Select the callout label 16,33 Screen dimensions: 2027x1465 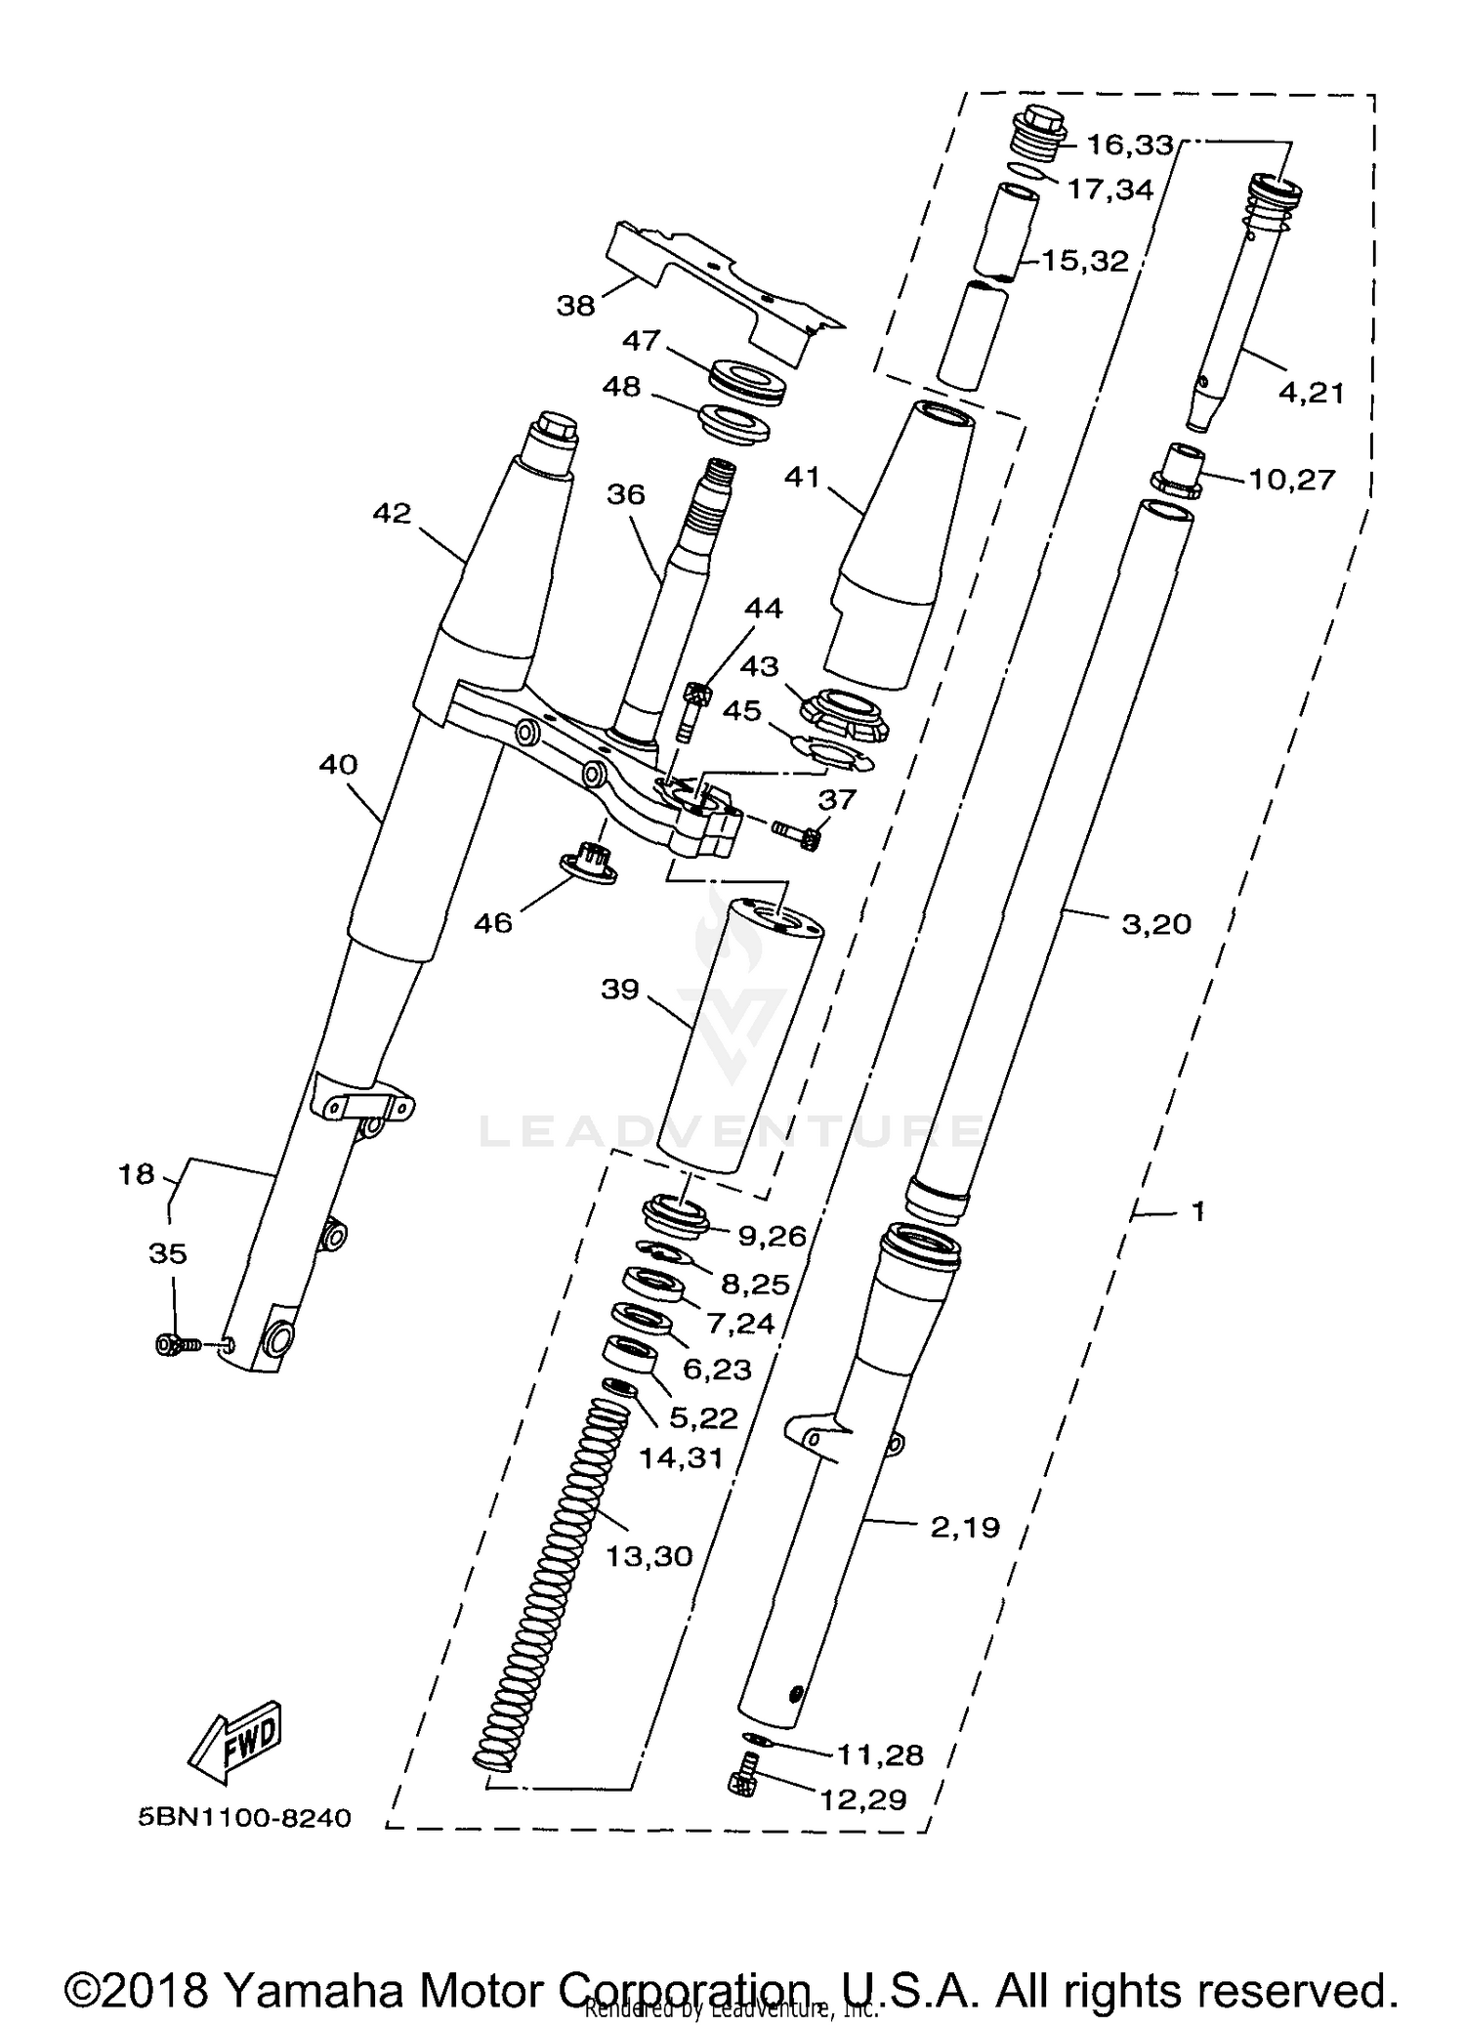pyautogui.click(x=1129, y=146)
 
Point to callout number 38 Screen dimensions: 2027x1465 pyautogui.click(x=575, y=306)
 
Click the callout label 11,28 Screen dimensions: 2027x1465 pyautogui.click(x=879, y=1755)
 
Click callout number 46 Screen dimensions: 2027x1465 pyautogui.click(x=492, y=922)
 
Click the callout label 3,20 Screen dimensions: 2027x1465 pyautogui.click(x=1156, y=924)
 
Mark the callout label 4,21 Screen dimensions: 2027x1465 pyautogui.click(x=1311, y=393)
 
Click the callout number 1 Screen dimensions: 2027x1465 pyautogui.click(x=1198, y=1211)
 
